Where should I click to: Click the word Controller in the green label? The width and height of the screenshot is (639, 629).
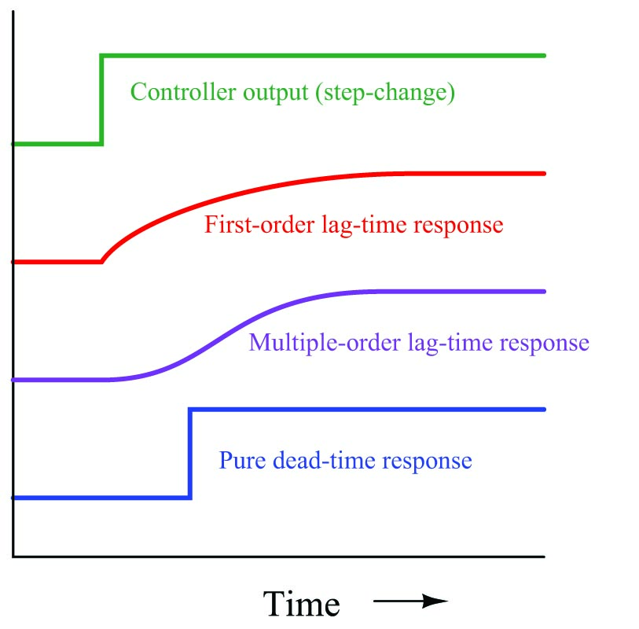pyautogui.click(x=183, y=92)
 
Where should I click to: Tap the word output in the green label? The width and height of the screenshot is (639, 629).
pyautogui.click(x=276, y=93)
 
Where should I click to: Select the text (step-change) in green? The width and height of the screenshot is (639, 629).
pyautogui.click(x=385, y=93)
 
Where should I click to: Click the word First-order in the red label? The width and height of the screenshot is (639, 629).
pyautogui.click(x=259, y=224)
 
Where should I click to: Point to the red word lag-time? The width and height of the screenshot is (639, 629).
pyautogui.click(x=364, y=226)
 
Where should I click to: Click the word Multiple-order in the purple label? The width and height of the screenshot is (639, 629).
pyautogui.click(x=325, y=342)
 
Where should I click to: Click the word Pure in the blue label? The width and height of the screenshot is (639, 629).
pyautogui.click(x=242, y=460)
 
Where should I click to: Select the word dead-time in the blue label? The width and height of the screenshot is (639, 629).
pyautogui.click(x=324, y=460)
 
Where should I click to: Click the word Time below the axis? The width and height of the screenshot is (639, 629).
pyautogui.click(x=301, y=604)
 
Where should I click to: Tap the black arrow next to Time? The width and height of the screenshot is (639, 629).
pyautogui.click(x=410, y=601)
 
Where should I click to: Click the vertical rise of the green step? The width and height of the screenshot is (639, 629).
pyautogui.click(x=101, y=100)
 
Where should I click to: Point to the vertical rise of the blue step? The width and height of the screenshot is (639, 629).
pyautogui.click(x=190, y=454)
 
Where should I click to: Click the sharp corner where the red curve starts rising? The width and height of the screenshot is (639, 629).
pyautogui.click(x=101, y=262)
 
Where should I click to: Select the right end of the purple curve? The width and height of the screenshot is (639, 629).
pyautogui.click(x=544, y=292)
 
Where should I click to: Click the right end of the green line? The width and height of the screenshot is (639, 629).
pyautogui.click(x=544, y=56)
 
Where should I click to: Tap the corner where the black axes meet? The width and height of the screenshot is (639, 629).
pyautogui.click(x=13, y=556)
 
